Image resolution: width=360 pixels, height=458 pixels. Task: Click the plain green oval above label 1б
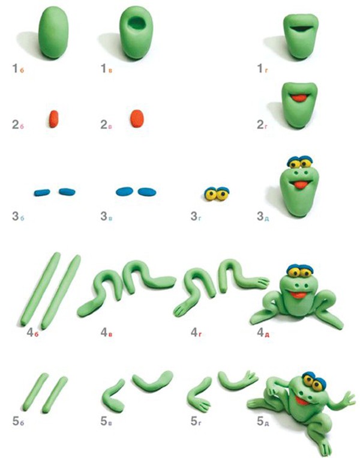[53, 32]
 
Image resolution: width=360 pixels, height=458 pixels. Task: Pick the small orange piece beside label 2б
[54, 119]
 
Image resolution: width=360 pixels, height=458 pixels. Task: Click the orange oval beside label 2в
[137, 119]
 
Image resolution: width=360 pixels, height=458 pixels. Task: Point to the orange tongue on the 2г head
[299, 98]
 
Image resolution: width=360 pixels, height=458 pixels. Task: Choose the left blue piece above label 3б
[42, 193]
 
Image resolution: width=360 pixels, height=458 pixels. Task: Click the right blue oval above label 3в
[147, 192]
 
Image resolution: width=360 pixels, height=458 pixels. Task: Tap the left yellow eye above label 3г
[211, 194]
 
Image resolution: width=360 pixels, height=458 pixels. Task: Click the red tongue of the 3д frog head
[300, 185]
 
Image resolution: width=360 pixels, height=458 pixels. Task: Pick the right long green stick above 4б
[61, 291]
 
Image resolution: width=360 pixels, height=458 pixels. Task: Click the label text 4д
[263, 333]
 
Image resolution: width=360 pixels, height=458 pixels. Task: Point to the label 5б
[18, 421]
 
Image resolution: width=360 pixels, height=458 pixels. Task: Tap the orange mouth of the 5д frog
[302, 401]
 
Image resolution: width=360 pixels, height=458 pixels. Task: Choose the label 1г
[263, 68]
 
